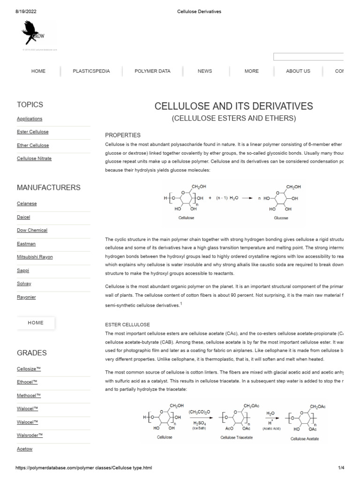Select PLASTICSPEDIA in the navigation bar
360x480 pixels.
91,71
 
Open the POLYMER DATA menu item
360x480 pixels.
152,71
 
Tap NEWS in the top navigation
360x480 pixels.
205,71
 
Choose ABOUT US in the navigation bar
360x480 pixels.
298,71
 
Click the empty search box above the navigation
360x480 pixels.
308,57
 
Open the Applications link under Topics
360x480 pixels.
30,119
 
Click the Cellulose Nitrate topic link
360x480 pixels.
34,158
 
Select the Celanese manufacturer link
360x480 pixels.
27,204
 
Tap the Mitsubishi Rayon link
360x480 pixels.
35,257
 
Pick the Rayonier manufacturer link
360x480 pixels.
26,297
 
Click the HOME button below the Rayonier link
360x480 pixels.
36,323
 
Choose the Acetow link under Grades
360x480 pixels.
24,449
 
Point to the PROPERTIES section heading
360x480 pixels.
123,135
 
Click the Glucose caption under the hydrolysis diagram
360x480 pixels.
281,218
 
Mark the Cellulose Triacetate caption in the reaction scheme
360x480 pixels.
237,437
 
